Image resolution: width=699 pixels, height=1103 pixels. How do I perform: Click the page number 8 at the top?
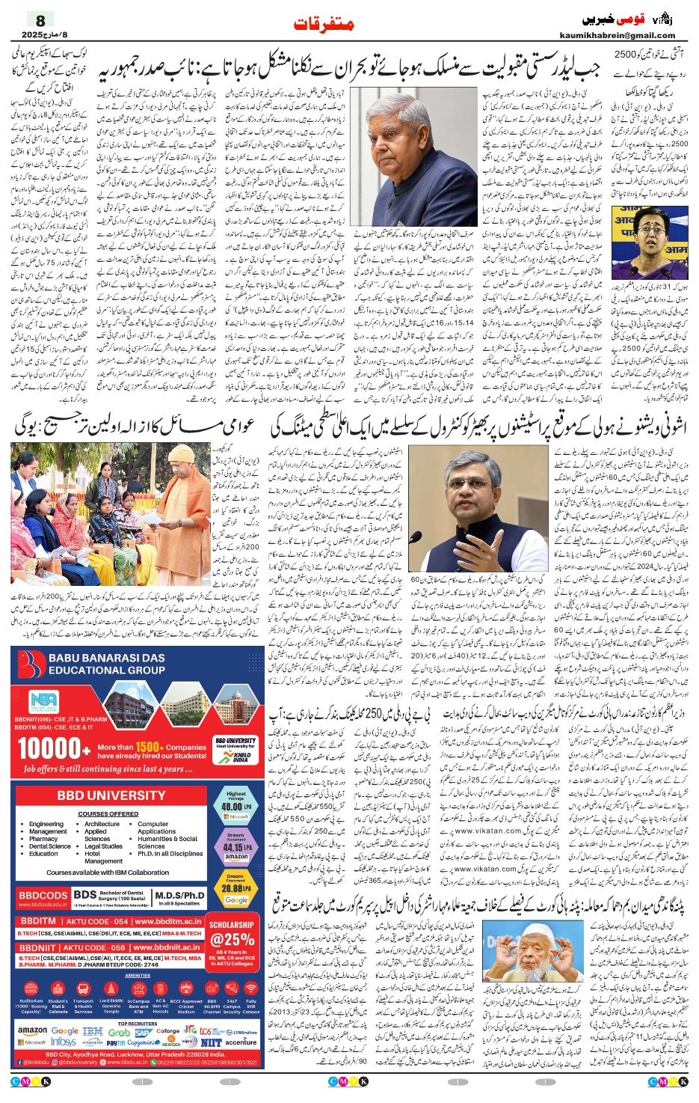pyautogui.click(x=40, y=20)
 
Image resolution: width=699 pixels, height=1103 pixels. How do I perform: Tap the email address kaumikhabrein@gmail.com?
pyautogui.click(x=617, y=35)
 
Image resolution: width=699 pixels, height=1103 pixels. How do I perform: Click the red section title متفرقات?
pyautogui.click(x=324, y=25)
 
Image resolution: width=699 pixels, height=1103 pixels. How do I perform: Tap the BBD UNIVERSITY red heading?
pyautogui.click(x=111, y=795)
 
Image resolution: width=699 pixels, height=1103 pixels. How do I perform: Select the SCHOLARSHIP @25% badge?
pyautogui.click(x=233, y=935)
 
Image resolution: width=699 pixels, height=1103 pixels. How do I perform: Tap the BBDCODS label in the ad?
pyautogui.click(x=43, y=895)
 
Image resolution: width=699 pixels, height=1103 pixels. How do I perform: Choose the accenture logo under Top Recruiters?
pyautogui.click(x=240, y=1042)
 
